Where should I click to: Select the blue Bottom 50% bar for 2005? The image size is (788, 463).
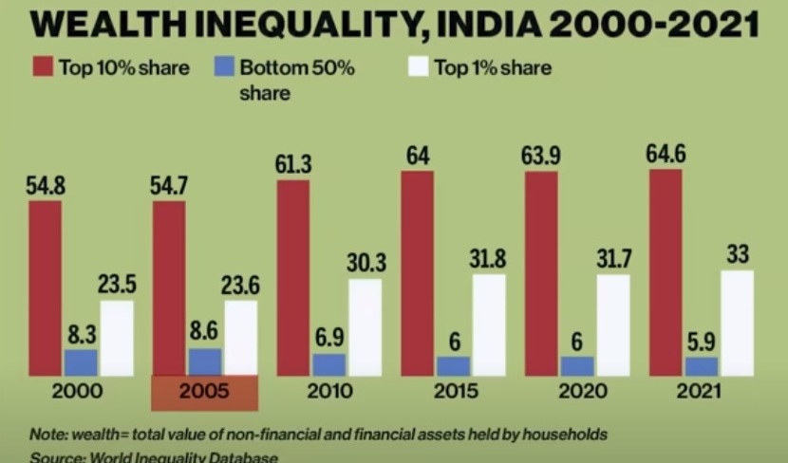204,361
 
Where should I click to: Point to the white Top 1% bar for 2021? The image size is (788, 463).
738,323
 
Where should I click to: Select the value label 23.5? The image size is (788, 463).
116,285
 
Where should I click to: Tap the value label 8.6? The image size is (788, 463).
204,334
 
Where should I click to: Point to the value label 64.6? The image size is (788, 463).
666,156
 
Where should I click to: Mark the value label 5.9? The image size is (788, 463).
701,342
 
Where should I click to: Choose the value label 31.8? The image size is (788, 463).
489,258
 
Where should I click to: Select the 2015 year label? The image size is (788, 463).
453,392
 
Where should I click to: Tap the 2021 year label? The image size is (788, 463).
702,392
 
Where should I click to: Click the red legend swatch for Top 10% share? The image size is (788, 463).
42,67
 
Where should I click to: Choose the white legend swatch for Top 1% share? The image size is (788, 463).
418,67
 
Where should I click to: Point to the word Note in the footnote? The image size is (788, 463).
47,435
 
